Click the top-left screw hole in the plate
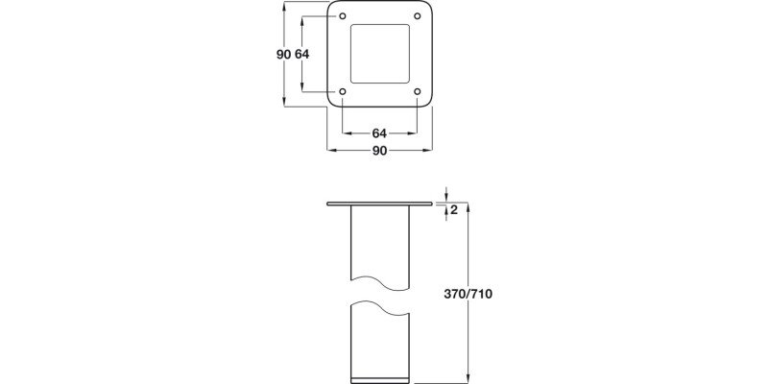tap(344, 15)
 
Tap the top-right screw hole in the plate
tap(418, 15)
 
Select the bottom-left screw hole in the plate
tap(344, 92)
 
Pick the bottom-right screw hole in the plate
tap(418, 92)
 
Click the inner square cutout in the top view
tap(380, 54)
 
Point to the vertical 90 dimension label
tap(283, 55)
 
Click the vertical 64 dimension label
tap(302, 55)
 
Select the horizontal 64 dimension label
tap(379, 133)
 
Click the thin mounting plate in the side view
tap(379, 204)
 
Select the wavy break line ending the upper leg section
tap(380, 281)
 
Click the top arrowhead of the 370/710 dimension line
tap(468, 206)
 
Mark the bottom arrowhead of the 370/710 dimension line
tap(468, 378)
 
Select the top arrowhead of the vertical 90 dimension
tap(283, 6)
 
